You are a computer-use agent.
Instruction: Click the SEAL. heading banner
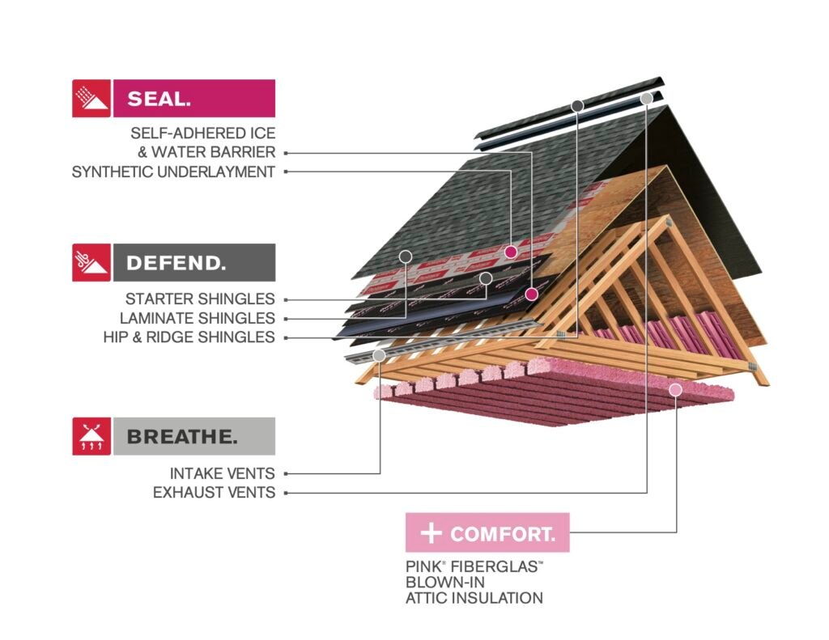(194, 98)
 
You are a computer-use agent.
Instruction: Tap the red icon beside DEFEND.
(91, 263)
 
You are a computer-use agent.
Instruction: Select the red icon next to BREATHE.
(91, 437)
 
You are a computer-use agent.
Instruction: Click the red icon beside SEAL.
(91, 98)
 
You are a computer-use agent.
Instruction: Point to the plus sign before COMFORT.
(431, 532)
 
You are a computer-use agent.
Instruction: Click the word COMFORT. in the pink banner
(503, 534)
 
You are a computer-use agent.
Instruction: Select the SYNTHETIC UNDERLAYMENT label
(173, 172)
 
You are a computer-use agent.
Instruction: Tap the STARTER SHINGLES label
(200, 299)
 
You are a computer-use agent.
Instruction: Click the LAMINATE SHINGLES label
(198, 318)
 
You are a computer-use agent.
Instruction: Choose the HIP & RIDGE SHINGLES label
(189, 337)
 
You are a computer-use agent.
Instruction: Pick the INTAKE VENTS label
(223, 473)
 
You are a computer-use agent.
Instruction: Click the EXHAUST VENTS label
(214, 493)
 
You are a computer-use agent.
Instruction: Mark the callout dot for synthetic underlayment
(510, 252)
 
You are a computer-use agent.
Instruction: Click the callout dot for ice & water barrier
(531, 295)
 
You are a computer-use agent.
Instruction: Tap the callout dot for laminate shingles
(406, 256)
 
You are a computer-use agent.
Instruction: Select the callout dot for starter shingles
(486, 278)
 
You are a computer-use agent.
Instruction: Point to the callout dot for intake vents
(379, 356)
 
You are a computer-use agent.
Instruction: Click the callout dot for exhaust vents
(647, 99)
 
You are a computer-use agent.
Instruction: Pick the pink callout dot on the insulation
(676, 390)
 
